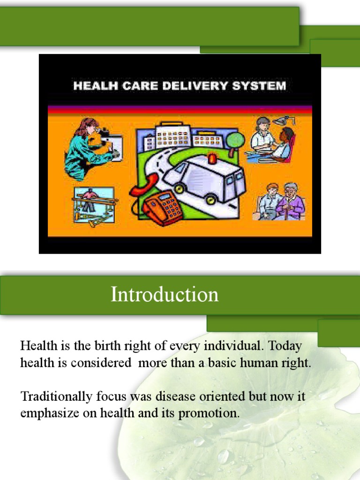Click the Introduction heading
pyautogui.click(x=165, y=295)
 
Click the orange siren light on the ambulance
pyautogui.click(x=212, y=158)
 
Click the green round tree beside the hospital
pyautogui.click(x=235, y=140)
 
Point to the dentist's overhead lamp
pyautogui.click(x=282, y=121)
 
